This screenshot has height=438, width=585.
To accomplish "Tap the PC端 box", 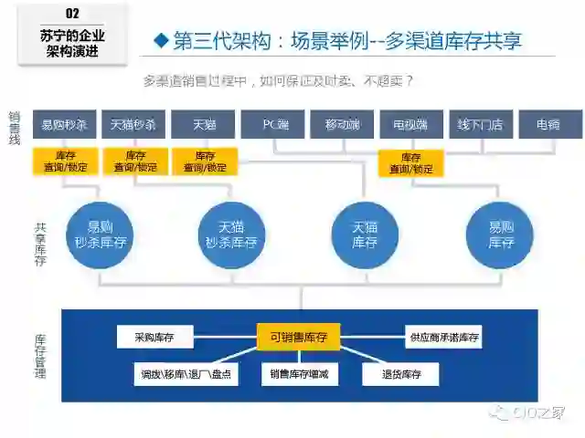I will point(273,124).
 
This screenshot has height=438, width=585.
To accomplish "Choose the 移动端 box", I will point(343,124).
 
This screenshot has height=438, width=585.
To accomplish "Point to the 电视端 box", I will point(411,124).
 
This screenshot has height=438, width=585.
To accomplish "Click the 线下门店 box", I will point(481,124).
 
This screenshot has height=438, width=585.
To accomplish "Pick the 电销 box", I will point(549,124).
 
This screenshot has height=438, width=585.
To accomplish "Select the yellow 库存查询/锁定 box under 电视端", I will point(411,163).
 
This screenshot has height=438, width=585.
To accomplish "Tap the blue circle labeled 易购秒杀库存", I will point(101,235).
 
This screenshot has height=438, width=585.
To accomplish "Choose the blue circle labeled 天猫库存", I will point(365,235).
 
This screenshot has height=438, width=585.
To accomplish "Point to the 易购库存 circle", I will point(500,235).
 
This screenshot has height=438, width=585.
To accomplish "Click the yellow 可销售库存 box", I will point(299,338).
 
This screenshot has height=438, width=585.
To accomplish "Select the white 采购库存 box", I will point(155,338).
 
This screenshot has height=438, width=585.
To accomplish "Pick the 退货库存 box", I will point(400,374).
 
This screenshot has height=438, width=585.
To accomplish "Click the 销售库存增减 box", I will point(299,374).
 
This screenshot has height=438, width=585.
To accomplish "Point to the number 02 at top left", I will point(73,14).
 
